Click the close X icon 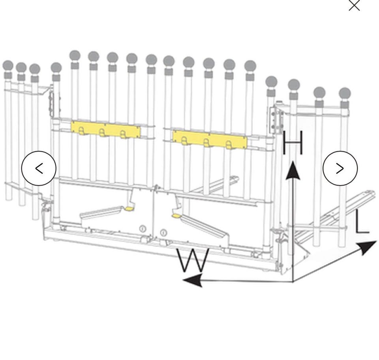[x=354, y=5]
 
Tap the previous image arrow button [x=39, y=168]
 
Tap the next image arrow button [x=340, y=168]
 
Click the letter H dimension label [x=293, y=142]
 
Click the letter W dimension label [x=193, y=260]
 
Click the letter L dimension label [x=362, y=222]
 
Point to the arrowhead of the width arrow [x=192, y=281]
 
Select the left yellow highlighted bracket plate [x=106, y=130]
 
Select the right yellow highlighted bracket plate [x=210, y=140]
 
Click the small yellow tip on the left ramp [x=129, y=208]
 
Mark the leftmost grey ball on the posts [x=8, y=66]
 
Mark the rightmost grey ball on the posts [x=345, y=93]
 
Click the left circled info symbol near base [x=143, y=228]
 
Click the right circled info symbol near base [x=163, y=233]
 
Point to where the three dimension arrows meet [x=293, y=281]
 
